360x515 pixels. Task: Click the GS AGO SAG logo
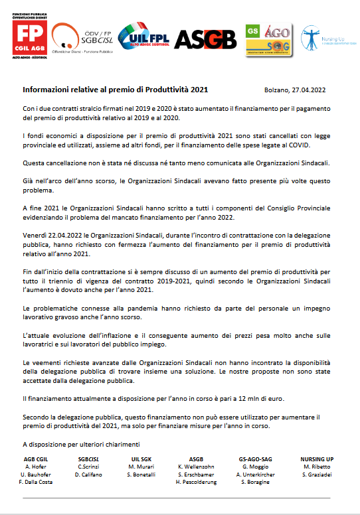point(268,39)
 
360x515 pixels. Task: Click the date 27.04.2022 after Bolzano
point(309,89)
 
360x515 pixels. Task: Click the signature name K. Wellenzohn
point(197,467)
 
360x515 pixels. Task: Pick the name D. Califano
point(88,475)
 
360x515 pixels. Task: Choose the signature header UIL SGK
point(141,459)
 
